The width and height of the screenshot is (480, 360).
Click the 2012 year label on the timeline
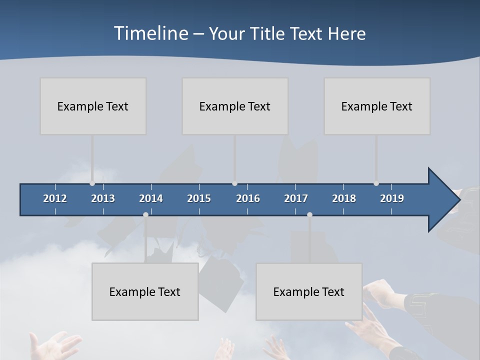pos(55,198)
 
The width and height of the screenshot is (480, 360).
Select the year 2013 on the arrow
pos(103,198)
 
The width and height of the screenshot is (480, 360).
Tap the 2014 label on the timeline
pos(151,198)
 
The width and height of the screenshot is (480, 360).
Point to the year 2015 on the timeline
pos(199,198)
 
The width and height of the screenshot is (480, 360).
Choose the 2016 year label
pos(248,198)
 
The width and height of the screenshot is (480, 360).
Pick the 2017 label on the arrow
pos(296,198)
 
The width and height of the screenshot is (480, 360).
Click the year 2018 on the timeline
pos(344,198)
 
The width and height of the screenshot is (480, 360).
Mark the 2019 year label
pos(392,198)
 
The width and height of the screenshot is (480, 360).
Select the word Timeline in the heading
pos(150,33)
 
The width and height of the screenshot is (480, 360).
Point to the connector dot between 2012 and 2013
pos(92,183)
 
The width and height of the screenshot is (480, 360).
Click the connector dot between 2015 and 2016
pos(234,183)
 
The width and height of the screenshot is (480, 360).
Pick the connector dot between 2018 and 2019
pos(376,183)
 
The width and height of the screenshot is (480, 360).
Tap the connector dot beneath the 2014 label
pos(145,214)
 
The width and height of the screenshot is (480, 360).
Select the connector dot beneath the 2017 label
pos(309,214)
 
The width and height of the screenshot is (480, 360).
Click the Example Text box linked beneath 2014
pos(145,291)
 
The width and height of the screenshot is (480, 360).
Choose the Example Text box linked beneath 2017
pos(309,291)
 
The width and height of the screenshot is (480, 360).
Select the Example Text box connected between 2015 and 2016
pos(235,106)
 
